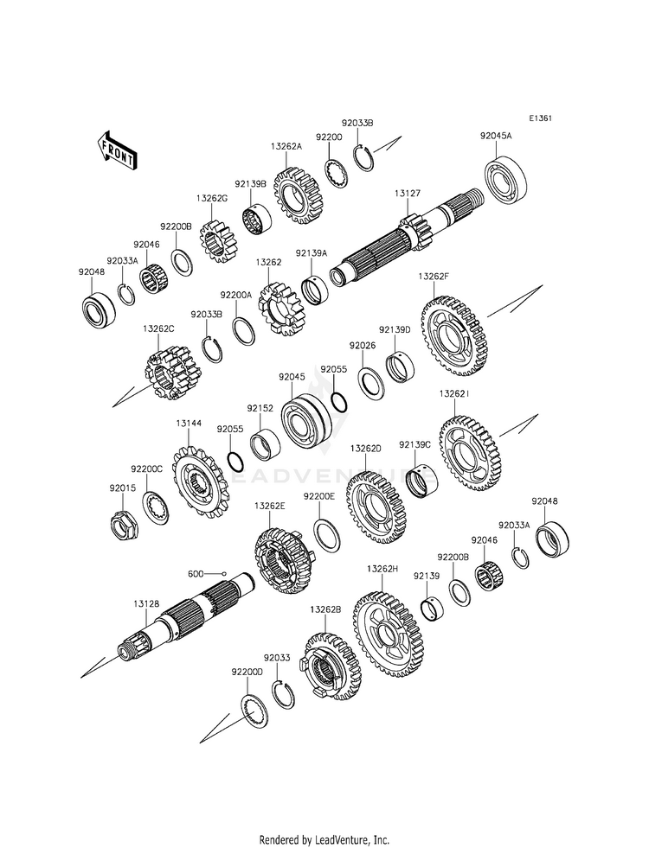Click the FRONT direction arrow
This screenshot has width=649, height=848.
coord(117,152)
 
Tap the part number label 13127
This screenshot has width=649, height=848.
coord(407,193)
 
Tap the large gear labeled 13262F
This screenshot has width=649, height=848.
coord(453,335)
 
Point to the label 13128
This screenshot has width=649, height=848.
coord(147,603)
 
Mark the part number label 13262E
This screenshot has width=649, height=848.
coord(270,506)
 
